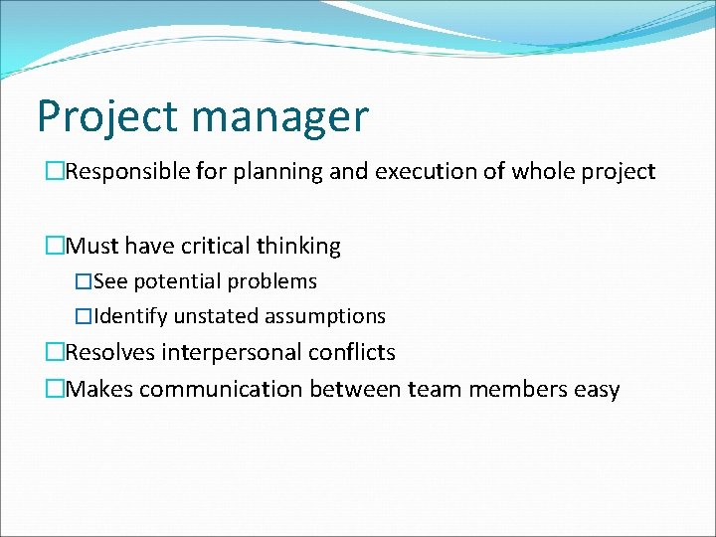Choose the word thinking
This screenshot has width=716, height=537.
298,246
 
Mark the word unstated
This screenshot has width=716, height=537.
214,316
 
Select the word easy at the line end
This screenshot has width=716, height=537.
597,390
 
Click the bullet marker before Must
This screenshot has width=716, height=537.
55,246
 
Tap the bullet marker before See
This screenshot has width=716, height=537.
84,281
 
